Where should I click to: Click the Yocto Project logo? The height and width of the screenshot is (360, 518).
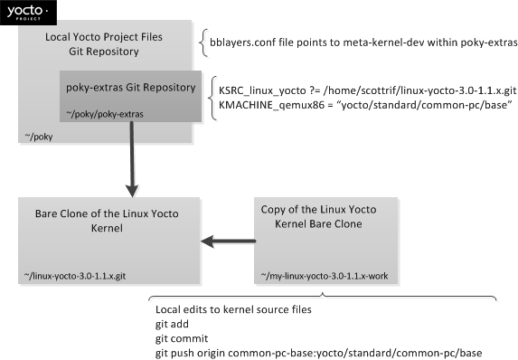[28, 13]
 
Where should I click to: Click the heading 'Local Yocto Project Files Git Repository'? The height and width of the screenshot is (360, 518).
[104, 44]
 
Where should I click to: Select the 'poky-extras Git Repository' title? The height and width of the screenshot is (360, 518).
[131, 87]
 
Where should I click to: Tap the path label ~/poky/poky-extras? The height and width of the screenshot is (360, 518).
[105, 114]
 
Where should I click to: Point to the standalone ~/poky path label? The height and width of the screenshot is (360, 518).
[39, 137]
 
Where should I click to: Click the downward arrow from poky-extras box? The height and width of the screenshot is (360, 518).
[132, 159]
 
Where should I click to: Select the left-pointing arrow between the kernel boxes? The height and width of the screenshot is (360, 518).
[229, 242]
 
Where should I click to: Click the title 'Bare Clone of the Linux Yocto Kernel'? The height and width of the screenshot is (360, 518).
[107, 221]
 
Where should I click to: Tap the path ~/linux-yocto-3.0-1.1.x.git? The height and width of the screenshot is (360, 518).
[75, 276]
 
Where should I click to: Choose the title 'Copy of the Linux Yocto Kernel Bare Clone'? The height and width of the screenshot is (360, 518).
[318, 216]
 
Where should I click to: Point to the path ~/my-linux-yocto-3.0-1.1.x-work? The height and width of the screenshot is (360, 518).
[325, 276]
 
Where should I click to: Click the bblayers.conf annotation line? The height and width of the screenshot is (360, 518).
[363, 43]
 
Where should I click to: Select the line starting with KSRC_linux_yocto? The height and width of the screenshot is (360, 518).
[367, 90]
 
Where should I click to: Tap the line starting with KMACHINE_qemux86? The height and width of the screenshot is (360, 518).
[365, 105]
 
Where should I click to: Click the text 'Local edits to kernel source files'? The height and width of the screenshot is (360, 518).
[233, 309]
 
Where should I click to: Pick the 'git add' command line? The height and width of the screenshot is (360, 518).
[172, 324]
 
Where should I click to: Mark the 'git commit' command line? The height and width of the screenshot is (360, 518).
[182, 338]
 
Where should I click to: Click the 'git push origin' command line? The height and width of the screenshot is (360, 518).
[318, 353]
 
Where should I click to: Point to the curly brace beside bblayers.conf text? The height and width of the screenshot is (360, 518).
[203, 43]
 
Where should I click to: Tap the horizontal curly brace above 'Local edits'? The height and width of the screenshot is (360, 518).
[323, 297]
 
